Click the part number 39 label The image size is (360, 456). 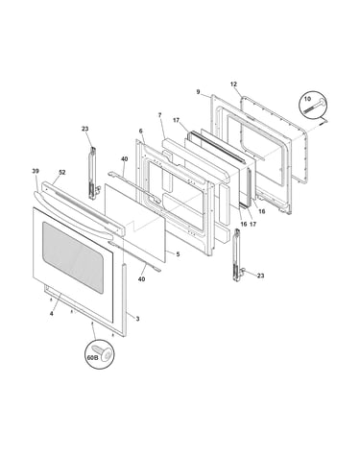(x=36, y=171)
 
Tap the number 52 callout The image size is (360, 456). (x=61, y=172)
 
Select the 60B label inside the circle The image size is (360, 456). (x=92, y=358)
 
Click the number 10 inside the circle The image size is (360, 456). (x=307, y=99)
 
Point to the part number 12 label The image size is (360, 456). (x=233, y=84)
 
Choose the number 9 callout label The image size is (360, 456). (x=198, y=92)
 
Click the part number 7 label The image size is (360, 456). (x=159, y=114)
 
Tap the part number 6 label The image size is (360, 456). (x=140, y=131)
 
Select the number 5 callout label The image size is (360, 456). (x=178, y=254)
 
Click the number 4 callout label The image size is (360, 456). (x=51, y=314)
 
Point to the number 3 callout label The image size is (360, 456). (x=137, y=319)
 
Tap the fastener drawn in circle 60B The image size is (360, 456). (x=102, y=352)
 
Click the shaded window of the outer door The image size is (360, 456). (x=73, y=257)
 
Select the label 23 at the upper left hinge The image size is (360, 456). (x=84, y=129)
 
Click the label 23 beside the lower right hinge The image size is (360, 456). (x=261, y=276)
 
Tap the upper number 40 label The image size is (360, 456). (x=125, y=159)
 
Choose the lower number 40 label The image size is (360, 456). (x=141, y=279)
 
